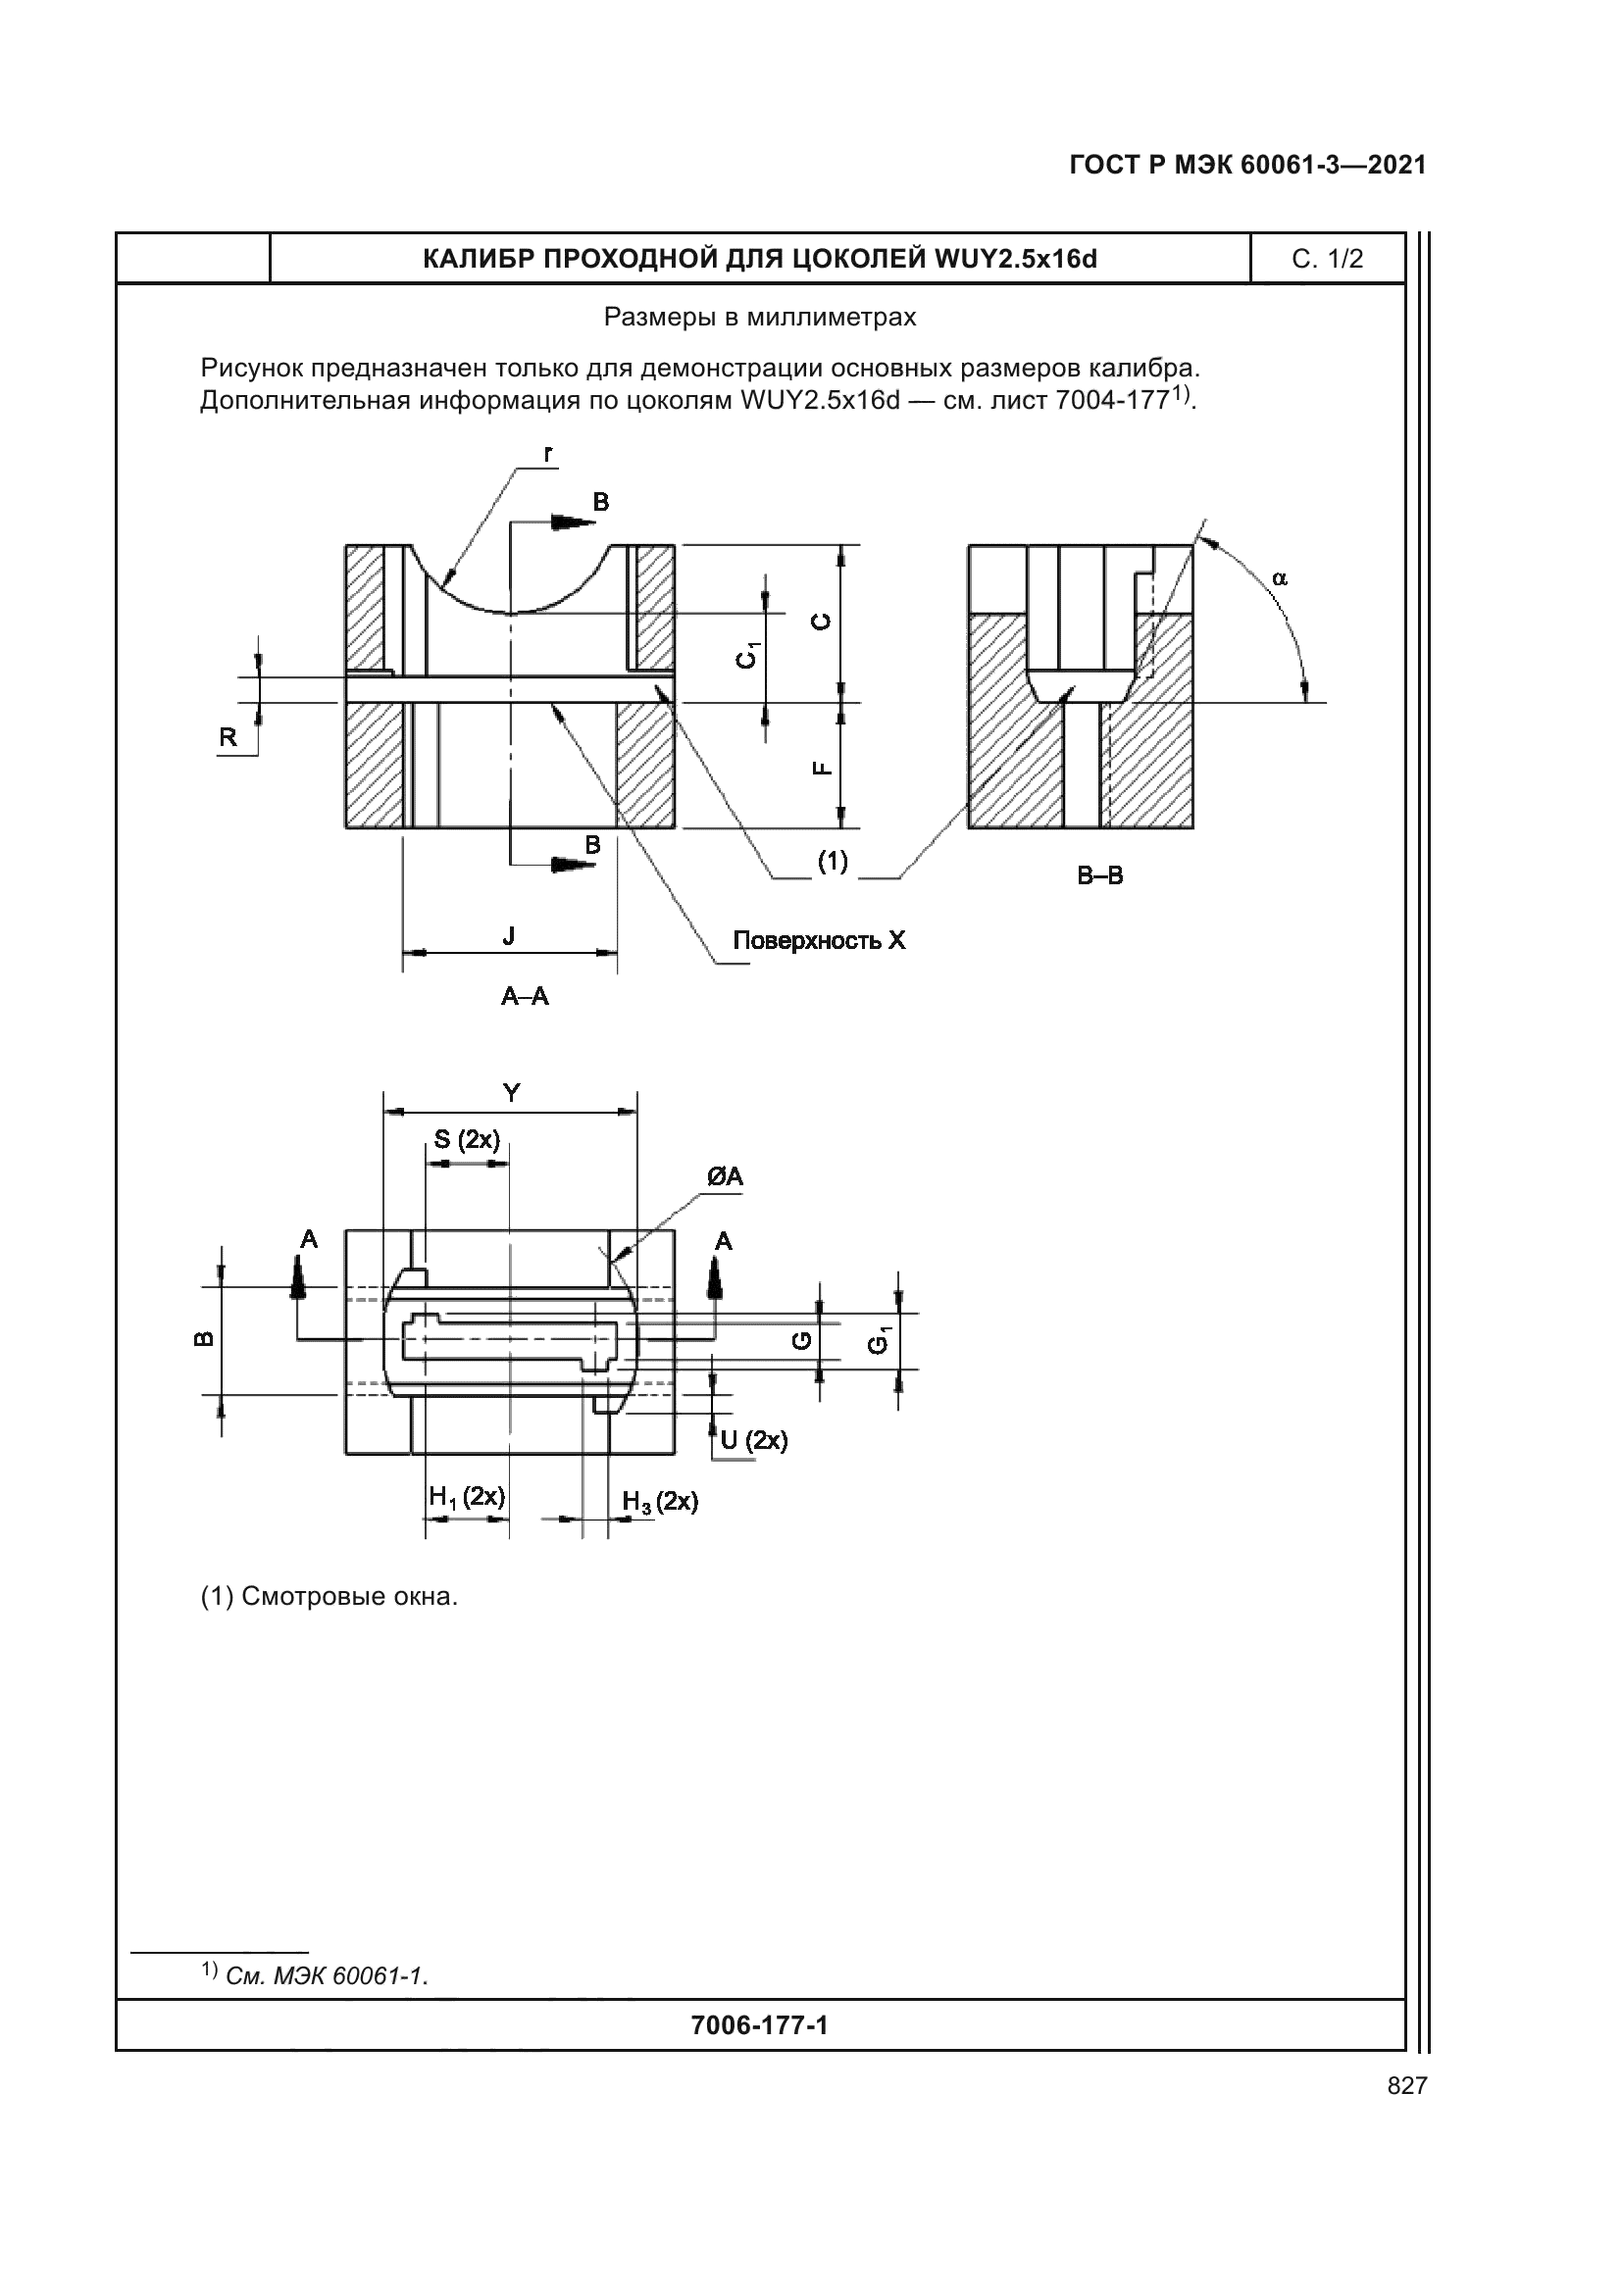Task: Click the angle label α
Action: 1281,578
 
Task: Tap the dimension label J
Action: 509,936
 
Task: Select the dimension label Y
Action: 511,1094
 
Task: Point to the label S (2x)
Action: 467,1139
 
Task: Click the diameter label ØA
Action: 725,1177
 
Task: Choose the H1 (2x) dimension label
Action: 467,1497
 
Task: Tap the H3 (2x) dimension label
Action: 660,1502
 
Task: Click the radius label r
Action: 547,455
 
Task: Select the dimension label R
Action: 228,737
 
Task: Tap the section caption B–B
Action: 1099,875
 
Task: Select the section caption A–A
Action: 526,996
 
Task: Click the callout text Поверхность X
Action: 819,941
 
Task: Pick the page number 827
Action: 1406,2085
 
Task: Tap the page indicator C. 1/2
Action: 1328,260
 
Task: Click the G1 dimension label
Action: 879,1340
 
